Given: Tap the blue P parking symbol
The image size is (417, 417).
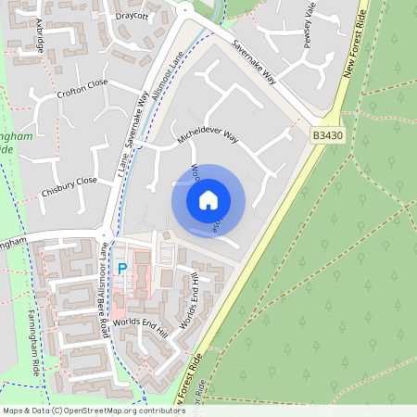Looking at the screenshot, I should [x=121, y=269].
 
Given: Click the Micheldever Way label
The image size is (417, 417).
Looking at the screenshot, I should [x=208, y=140].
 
